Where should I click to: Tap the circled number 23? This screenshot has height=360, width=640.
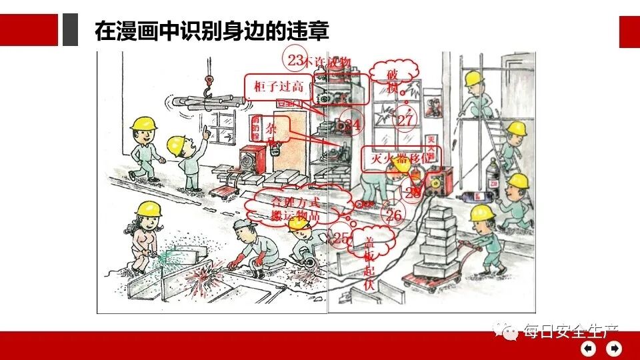(295, 59)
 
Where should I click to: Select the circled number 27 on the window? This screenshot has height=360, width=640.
(405, 119)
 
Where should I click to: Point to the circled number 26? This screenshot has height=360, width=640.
(394, 214)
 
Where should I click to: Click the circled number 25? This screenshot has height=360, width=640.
(341, 237)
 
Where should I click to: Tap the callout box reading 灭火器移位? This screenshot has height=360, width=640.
(398, 158)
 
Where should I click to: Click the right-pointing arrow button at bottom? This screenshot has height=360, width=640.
(613, 349)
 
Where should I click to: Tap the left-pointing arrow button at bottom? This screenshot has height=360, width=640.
(589, 349)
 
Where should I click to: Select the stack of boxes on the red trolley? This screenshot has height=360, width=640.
(433, 240)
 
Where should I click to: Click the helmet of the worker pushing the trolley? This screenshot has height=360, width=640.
(481, 213)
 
